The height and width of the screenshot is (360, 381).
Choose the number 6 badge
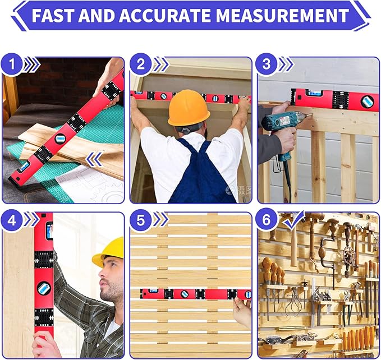(x=268, y=221)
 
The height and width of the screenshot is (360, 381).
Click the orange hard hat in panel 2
(x=189, y=108)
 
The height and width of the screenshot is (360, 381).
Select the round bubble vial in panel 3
(x=367, y=101)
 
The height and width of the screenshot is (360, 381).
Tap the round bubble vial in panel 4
(x=43, y=288)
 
